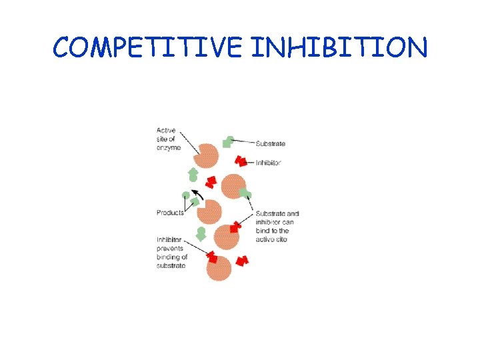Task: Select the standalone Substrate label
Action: pyautogui.click(x=271, y=143)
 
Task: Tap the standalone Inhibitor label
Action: pyautogui.click(x=269, y=163)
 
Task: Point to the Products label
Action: pyautogui.click(x=170, y=213)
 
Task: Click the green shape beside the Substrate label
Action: pyautogui.click(x=228, y=141)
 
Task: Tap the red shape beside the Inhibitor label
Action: pyautogui.click(x=241, y=161)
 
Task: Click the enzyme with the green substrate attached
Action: pyautogui.click(x=233, y=186)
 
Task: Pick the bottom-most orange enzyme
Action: pyautogui.click(x=218, y=269)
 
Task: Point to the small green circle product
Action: pyautogui.click(x=186, y=195)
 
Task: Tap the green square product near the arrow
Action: pyautogui.click(x=195, y=202)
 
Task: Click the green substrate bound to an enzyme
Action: pyautogui.click(x=245, y=194)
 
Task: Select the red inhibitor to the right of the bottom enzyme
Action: pyautogui.click(x=242, y=260)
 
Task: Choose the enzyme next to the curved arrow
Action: pyautogui.click(x=210, y=211)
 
